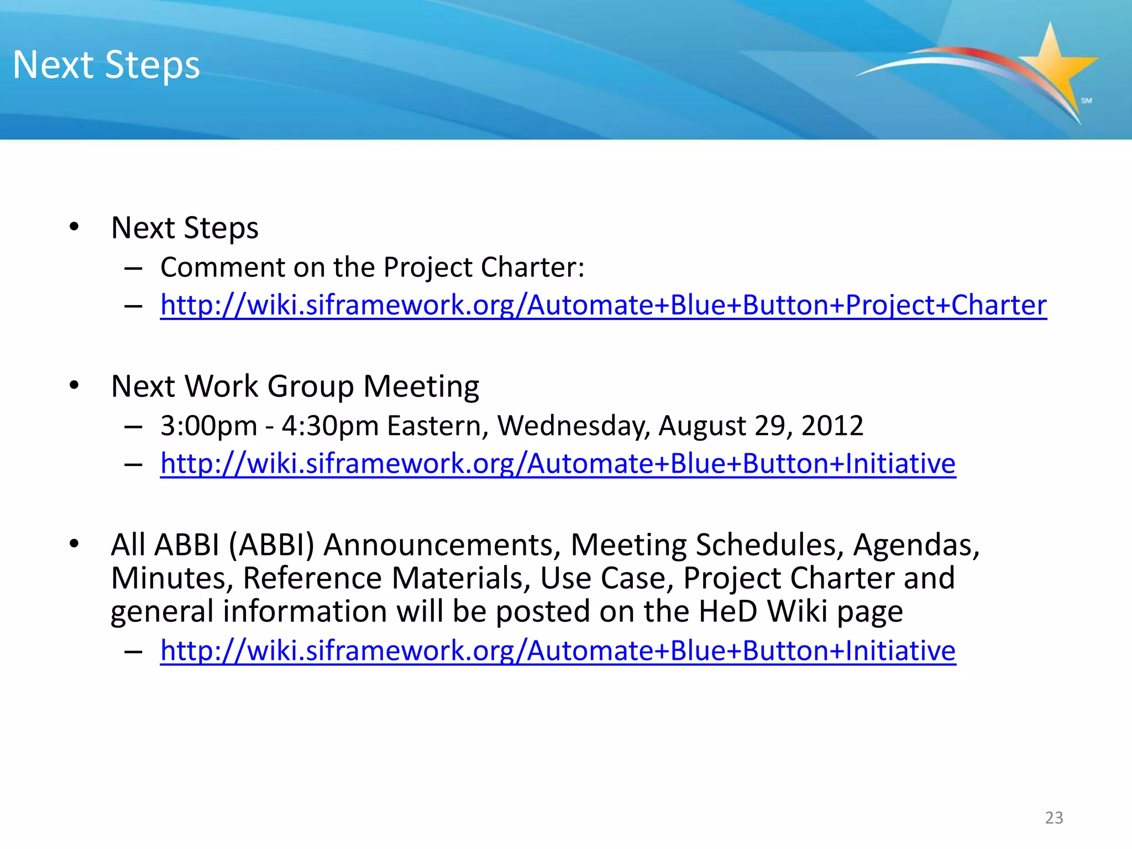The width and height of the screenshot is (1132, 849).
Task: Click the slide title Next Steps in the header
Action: pyautogui.click(x=106, y=65)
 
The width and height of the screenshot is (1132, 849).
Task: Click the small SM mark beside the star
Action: pyautogui.click(x=1086, y=101)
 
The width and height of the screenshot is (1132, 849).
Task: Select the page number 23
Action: pyautogui.click(x=1054, y=817)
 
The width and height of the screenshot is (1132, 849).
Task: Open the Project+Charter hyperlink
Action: pyautogui.click(x=603, y=305)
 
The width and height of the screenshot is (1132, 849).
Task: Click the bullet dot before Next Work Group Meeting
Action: pyautogui.click(x=74, y=385)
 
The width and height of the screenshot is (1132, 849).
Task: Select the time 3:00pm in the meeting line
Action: pyautogui.click(x=208, y=426)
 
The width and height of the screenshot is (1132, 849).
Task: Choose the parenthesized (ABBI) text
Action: pyautogui.click(x=271, y=544)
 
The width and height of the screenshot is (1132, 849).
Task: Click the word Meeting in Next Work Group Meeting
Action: pyautogui.click(x=421, y=386)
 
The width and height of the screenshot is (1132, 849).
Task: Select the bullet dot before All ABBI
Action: pyautogui.click(x=74, y=544)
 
